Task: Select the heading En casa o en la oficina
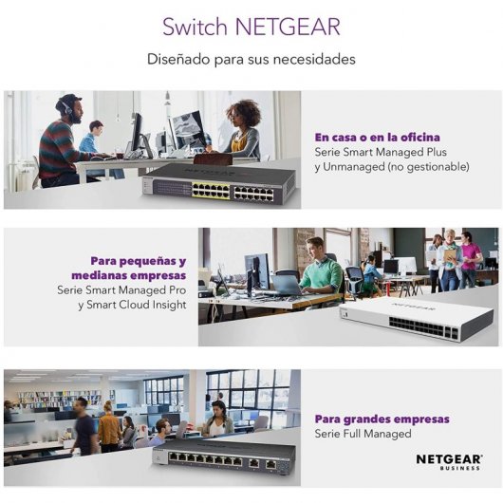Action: click(377, 137)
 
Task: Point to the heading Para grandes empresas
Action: click(382, 419)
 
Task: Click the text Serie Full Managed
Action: click(363, 434)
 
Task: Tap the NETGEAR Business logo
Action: click(449, 461)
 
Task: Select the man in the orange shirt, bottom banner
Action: click(109, 428)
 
